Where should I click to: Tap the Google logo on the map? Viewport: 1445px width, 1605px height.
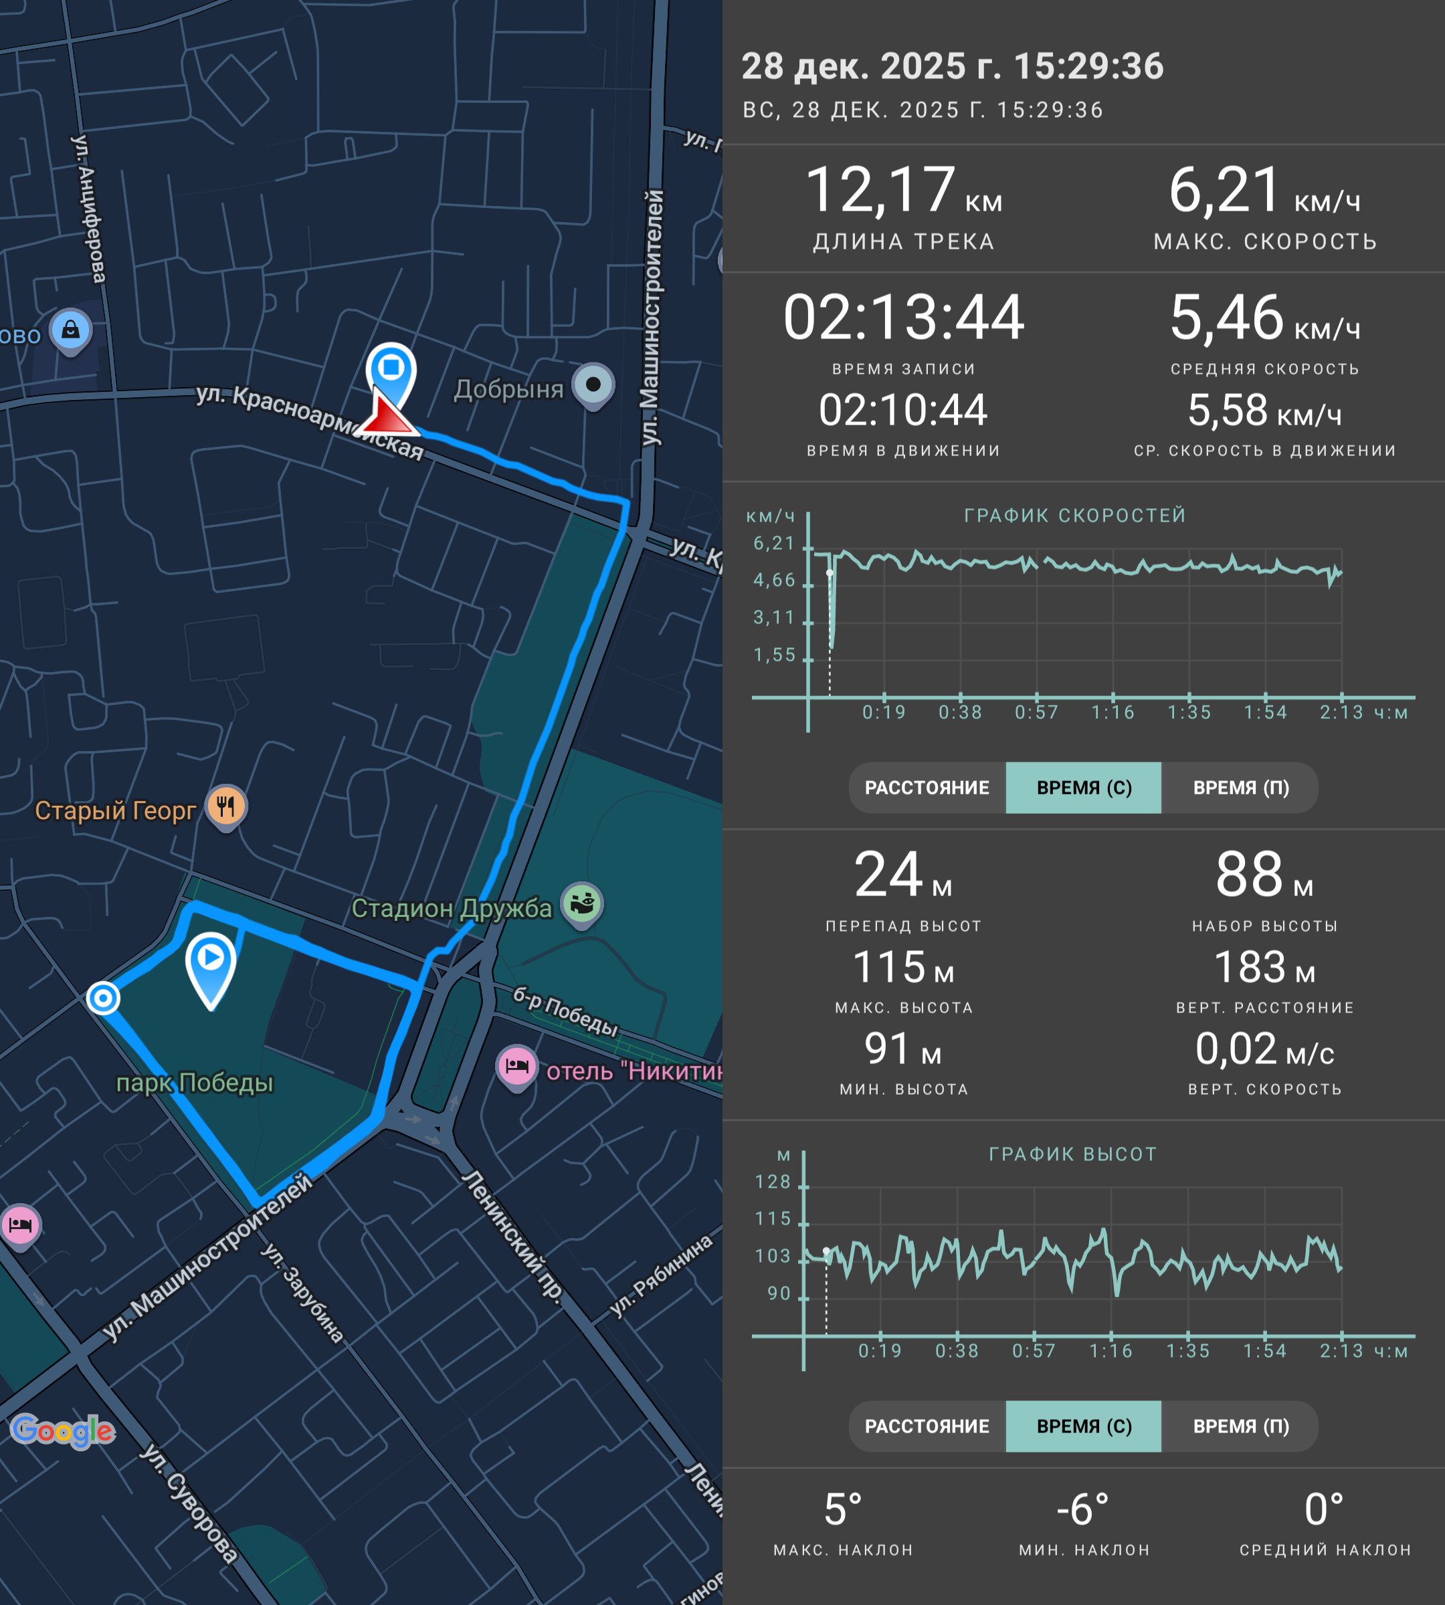pyautogui.click(x=63, y=1430)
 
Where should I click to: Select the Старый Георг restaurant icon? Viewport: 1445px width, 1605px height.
pyautogui.click(x=226, y=807)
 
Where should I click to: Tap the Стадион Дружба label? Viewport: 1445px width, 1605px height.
pyautogui.click(x=451, y=908)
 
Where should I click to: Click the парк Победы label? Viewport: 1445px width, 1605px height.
pyautogui.click(x=195, y=1083)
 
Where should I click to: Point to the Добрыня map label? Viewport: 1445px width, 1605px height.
pyautogui.click(x=508, y=389)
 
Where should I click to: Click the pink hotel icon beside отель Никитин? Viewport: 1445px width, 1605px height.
pyautogui.click(x=517, y=1067)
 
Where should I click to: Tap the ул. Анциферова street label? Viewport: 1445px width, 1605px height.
pyautogui.click(x=88, y=209)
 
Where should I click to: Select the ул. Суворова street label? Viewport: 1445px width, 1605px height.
pyautogui.click(x=189, y=1503)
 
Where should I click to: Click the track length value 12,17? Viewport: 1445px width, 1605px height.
pyautogui.click(x=880, y=191)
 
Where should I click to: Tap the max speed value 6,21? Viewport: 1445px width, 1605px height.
pyautogui.click(x=1225, y=191)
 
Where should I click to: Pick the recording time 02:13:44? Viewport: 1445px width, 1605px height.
pyautogui.click(x=904, y=317)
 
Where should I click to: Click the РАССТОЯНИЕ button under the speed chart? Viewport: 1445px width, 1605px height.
pyautogui.click(x=927, y=787)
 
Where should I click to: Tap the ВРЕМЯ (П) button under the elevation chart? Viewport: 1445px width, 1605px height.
pyautogui.click(x=1241, y=1426)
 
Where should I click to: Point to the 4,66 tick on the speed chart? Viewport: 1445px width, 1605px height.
pyautogui.click(x=774, y=580)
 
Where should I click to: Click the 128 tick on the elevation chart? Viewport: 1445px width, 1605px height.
pyautogui.click(x=773, y=1182)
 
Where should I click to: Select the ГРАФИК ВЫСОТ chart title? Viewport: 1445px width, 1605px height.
pyautogui.click(x=1072, y=1154)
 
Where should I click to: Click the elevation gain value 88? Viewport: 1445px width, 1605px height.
pyautogui.click(x=1249, y=874)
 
